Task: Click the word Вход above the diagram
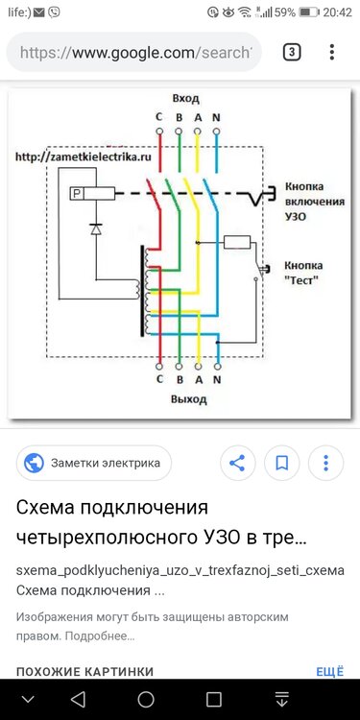(185, 99)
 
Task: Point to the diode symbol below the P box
(94, 229)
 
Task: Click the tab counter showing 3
(291, 52)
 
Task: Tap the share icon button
(237, 463)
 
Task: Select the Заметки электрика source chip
(93, 463)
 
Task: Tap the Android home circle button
(146, 698)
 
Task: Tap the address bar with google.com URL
(134, 52)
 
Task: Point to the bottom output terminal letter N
(215, 378)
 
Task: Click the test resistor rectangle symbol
(236, 242)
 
